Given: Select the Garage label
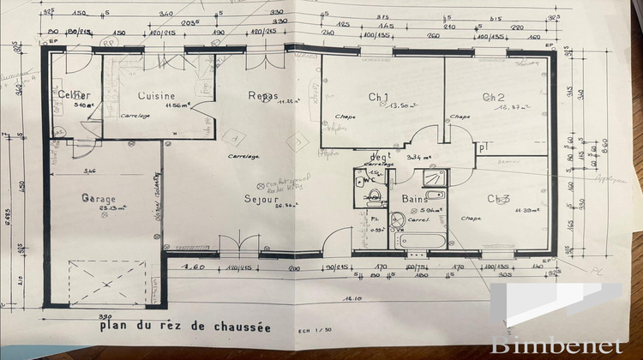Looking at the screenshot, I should [x=99, y=199].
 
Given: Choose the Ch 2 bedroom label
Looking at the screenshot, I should [x=493, y=97].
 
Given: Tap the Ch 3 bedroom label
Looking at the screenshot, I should [x=499, y=200].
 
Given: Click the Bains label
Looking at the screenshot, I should [x=415, y=200].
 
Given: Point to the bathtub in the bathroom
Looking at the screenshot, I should [x=420, y=239].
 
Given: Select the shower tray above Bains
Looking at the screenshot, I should [x=432, y=179].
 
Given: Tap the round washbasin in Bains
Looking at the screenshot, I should [x=397, y=220].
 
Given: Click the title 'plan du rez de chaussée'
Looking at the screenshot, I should [x=184, y=327].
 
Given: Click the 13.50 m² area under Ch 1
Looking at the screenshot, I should [x=401, y=105].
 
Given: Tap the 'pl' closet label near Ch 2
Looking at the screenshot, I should [x=484, y=147].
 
